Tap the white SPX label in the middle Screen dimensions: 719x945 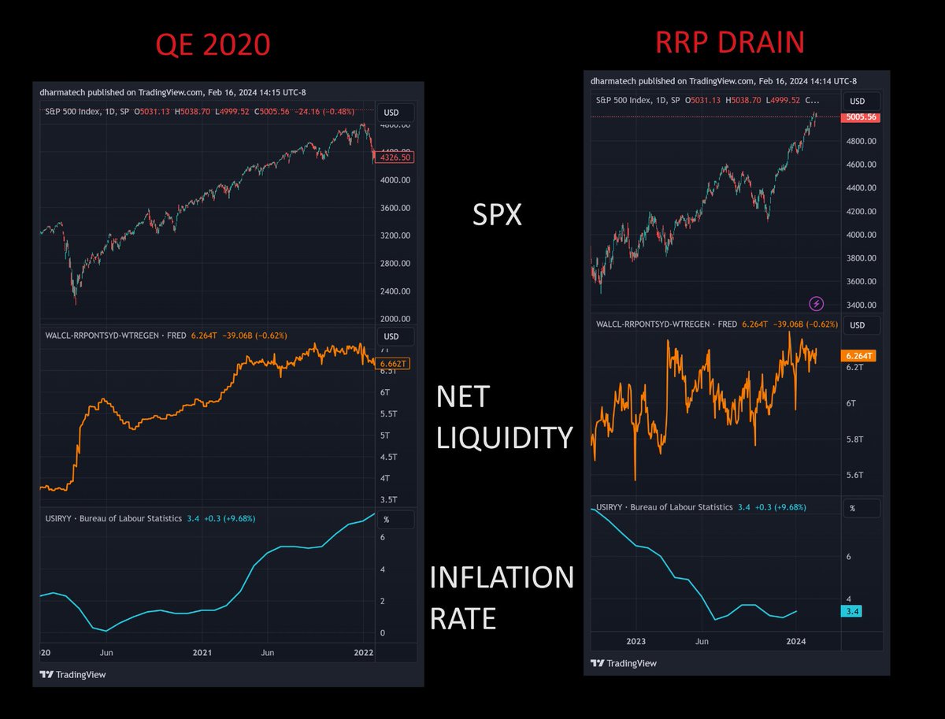point(496,214)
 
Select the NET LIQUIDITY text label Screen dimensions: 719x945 point(504,417)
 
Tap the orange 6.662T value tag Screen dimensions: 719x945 point(392,364)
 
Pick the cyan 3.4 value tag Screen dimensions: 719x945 point(851,611)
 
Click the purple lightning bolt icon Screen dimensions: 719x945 point(817,303)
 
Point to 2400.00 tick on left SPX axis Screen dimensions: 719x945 point(394,291)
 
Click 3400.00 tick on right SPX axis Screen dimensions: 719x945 point(860,306)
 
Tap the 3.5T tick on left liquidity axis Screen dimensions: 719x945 point(388,500)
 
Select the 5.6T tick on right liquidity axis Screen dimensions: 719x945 point(855,475)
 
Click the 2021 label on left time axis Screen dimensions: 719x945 point(202,653)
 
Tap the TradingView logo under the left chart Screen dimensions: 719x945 point(72,674)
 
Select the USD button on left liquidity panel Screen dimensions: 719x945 point(391,336)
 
